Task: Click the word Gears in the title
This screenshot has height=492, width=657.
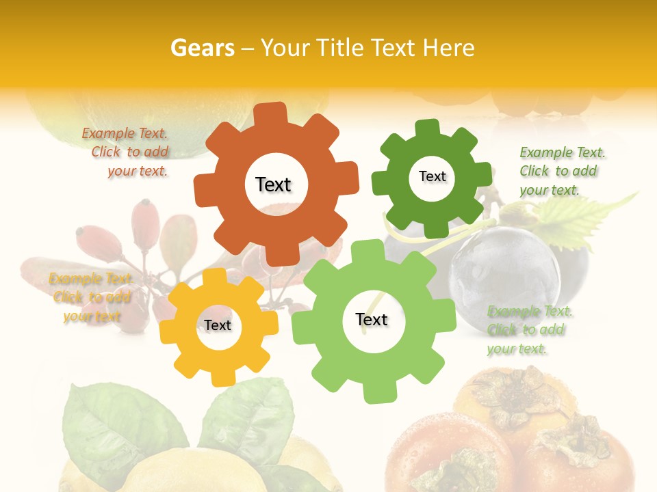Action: tap(201, 48)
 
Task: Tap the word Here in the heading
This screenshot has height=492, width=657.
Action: tap(448, 48)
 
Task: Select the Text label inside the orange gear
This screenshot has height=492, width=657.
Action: tap(273, 184)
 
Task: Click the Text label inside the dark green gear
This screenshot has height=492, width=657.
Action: tap(432, 176)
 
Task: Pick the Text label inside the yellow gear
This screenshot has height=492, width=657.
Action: tap(218, 325)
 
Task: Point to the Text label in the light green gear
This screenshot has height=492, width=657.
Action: tap(372, 319)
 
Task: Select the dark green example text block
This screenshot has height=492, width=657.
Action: tap(561, 171)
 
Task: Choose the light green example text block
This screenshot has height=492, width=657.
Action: tap(528, 330)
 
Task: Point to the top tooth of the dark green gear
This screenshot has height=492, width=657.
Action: tap(428, 127)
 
